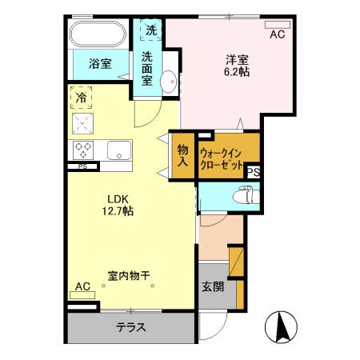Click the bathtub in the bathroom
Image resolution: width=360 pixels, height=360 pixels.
(x=98, y=35)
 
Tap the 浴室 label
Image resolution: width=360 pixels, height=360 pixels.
(x=100, y=64)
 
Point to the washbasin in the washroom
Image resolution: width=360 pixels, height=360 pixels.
(x=169, y=81)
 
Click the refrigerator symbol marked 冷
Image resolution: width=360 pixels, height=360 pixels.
(x=82, y=98)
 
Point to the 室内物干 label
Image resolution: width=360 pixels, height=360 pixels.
(x=129, y=277)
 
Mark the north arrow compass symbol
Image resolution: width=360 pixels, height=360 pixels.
(x=282, y=327)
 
